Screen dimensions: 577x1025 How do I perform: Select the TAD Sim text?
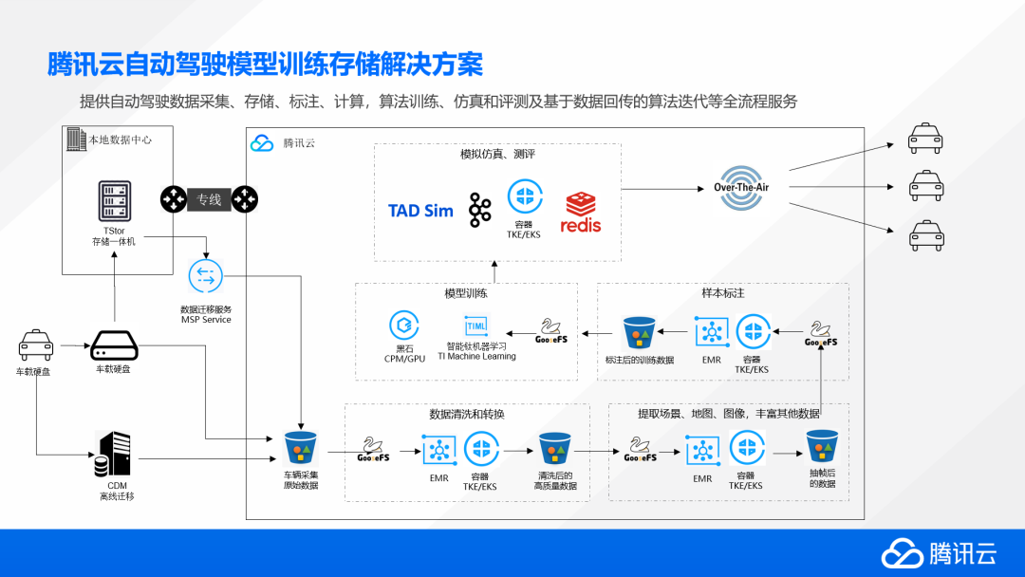click(x=420, y=211)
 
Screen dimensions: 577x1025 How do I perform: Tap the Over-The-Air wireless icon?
click(x=741, y=188)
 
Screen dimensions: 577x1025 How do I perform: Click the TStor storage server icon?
click(x=113, y=202)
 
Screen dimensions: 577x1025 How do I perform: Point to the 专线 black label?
click(x=209, y=199)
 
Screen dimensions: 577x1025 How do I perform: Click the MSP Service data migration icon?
click(x=205, y=276)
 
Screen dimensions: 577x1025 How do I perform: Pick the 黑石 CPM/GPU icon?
click(x=404, y=326)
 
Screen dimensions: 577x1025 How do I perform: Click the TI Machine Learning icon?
click(x=475, y=325)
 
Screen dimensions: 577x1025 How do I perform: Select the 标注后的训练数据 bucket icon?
click(x=639, y=332)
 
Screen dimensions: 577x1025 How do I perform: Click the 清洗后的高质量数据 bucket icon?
click(x=554, y=448)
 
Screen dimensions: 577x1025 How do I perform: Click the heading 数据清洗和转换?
click(x=467, y=415)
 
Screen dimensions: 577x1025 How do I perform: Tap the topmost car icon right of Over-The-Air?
click(x=925, y=139)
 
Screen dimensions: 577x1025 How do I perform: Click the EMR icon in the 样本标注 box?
click(x=711, y=331)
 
